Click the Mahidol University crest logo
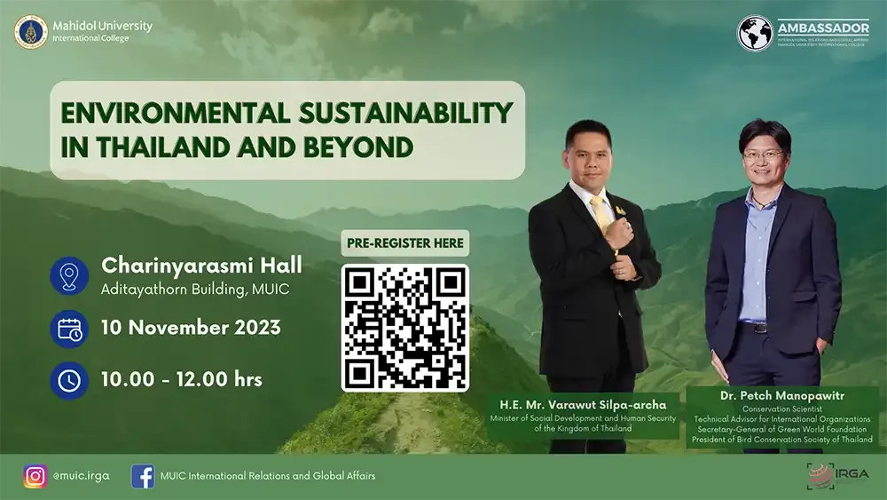click(31, 32)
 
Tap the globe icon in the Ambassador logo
click(755, 33)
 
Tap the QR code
click(405, 327)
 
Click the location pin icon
click(69, 274)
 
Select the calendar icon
click(69, 328)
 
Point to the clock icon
click(69, 380)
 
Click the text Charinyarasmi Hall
click(201, 264)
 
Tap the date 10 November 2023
click(191, 327)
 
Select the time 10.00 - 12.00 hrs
click(182, 379)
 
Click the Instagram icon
click(35, 476)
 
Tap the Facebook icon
click(143, 476)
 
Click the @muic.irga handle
click(81, 476)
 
